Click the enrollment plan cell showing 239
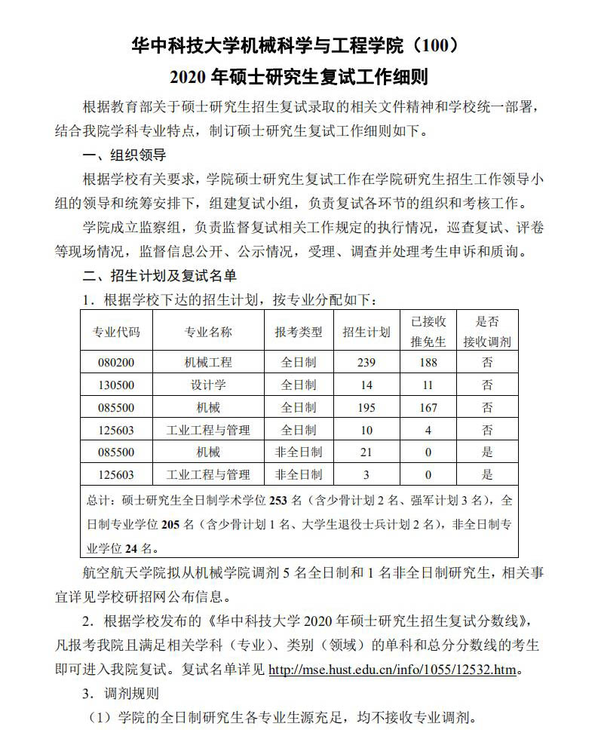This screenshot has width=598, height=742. tap(366, 362)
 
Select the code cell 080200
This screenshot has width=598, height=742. tap(116, 362)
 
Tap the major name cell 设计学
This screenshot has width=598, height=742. tap(208, 385)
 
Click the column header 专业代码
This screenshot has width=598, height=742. tap(116, 333)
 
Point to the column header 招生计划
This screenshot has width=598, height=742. tap(366, 333)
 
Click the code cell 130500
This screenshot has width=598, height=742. tap(116, 385)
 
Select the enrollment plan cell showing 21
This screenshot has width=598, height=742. tap(366, 452)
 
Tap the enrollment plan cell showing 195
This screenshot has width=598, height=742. tap(366, 407)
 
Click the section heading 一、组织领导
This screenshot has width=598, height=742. tap(124, 155)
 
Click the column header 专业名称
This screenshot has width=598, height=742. tap(208, 333)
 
